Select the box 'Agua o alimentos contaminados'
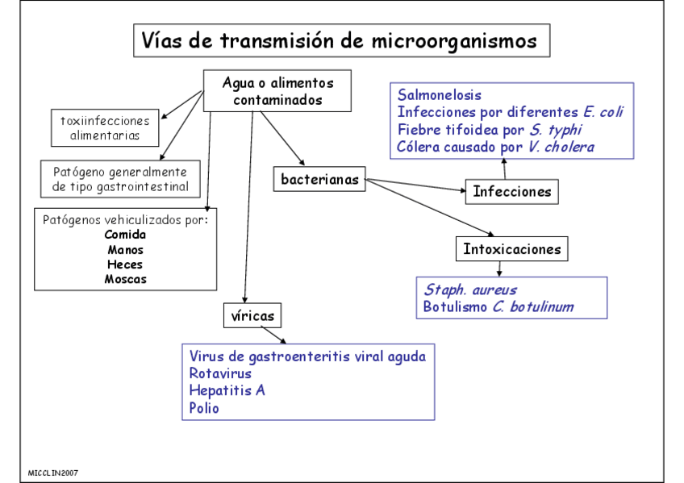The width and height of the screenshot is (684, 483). click(x=277, y=91)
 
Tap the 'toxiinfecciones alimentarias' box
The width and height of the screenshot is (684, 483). click(x=105, y=127)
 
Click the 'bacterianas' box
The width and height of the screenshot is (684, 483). click(x=319, y=179)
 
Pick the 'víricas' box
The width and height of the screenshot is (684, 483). click(x=253, y=315)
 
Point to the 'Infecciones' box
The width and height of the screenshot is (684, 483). click(x=511, y=191)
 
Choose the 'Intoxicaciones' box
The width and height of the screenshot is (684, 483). click(x=511, y=249)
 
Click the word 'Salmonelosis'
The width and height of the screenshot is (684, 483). click(x=440, y=94)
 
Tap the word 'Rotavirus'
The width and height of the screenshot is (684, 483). click(x=220, y=373)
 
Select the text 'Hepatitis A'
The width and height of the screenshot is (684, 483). click(x=227, y=390)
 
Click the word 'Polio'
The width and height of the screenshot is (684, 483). click(x=204, y=408)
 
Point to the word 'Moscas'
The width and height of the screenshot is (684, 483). click(x=125, y=279)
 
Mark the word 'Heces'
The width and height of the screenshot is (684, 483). click(x=125, y=264)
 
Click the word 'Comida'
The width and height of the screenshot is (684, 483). click(x=125, y=235)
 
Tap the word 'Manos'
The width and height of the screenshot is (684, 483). click(x=125, y=250)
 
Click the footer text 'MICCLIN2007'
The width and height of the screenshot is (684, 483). click(x=53, y=473)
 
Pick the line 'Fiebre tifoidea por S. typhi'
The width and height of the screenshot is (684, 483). click(x=490, y=130)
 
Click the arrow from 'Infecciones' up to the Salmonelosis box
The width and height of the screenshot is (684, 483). click(x=505, y=169)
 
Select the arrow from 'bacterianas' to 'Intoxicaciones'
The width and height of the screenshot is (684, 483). click(x=432, y=208)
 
